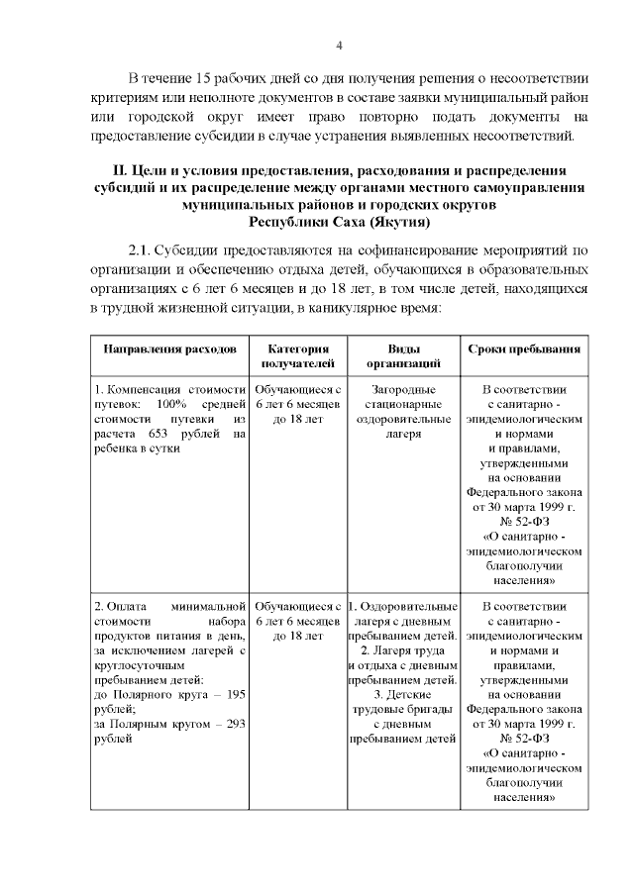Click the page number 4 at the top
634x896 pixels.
[x=339, y=46]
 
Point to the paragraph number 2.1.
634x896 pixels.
[x=142, y=249]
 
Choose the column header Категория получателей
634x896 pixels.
[x=298, y=357]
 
